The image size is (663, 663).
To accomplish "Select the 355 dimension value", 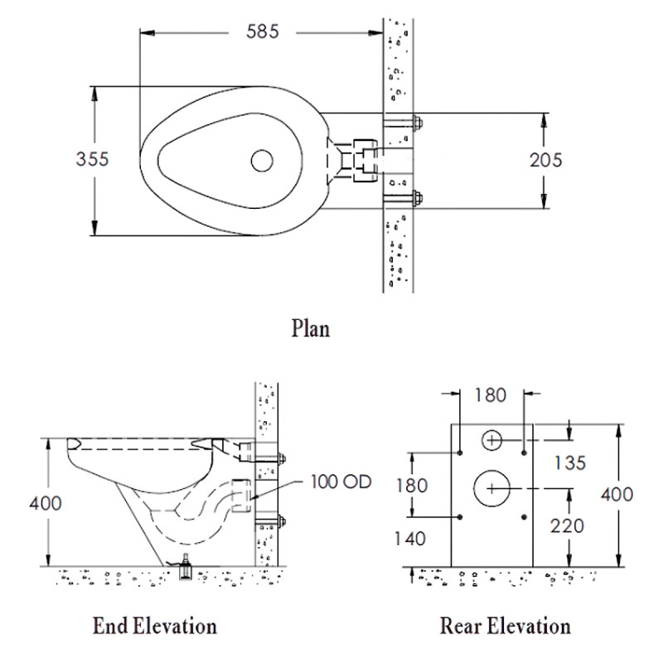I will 93,159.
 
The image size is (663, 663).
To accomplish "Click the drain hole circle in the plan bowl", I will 263,160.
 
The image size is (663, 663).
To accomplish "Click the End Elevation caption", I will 156,625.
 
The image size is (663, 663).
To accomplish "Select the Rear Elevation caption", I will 505,625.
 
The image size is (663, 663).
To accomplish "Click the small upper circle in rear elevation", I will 491,440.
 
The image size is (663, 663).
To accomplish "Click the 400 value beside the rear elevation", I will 617,495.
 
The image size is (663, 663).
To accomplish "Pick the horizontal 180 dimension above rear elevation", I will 490,395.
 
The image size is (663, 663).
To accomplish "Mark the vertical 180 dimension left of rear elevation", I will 411,484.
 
